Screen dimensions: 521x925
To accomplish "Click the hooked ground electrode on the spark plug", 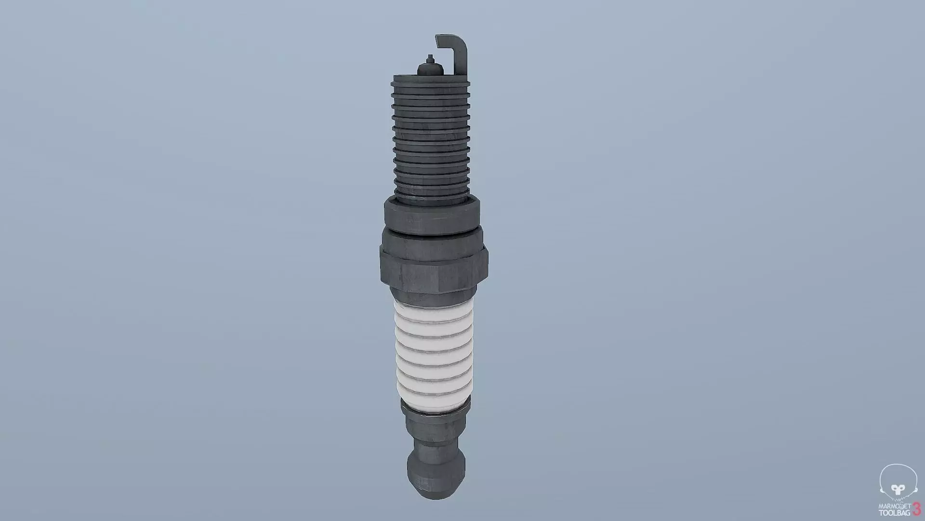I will [x=461, y=58].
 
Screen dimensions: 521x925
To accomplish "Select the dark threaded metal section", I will [x=431, y=140].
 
